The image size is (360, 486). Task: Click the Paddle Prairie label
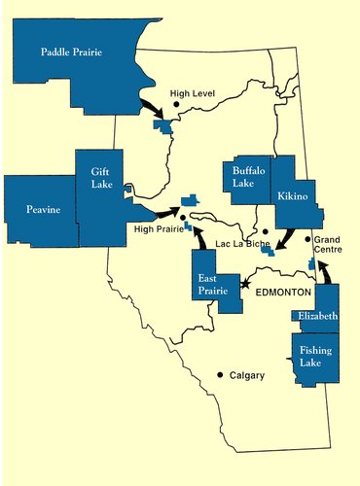click(72, 52)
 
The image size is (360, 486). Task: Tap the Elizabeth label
click(318, 317)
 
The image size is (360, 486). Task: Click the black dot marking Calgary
click(221, 374)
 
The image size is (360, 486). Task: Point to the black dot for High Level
click(176, 104)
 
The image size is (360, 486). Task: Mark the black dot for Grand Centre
click(307, 239)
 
